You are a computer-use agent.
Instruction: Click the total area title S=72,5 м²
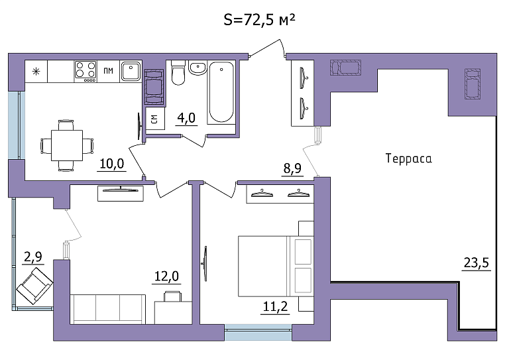point(259,21)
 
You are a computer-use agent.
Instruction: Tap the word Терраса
point(409,158)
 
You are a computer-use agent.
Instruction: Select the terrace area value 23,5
point(477,263)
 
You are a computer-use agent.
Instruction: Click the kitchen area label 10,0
point(111,164)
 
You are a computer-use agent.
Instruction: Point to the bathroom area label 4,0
point(186,118)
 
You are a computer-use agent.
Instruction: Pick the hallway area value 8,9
point(292,168)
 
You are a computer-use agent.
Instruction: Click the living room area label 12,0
point(166,276)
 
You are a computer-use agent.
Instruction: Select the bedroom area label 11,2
point(275,306)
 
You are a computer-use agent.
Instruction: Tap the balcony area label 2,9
point(33,257)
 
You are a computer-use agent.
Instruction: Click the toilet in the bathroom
point(178,72)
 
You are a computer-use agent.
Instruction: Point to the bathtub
point(221,92)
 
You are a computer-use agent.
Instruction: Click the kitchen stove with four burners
point(85,72)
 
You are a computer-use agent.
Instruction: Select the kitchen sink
point(131,71)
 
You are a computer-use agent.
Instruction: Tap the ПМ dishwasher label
point(109,70)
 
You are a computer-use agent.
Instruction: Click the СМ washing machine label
point(154,119)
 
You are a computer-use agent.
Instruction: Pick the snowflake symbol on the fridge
point(36,72)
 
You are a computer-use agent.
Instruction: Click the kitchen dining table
point(67,145)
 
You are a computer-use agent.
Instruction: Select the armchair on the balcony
point(34,286)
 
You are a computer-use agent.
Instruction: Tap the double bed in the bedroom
point(276,266)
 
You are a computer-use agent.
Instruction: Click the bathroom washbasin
point(197,68)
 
